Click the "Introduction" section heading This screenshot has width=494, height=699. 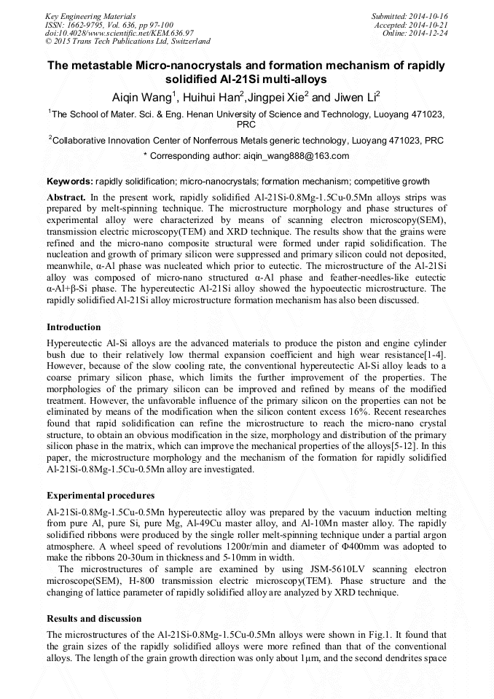coord(74,327)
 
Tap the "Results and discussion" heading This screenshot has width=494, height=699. coord(94,619)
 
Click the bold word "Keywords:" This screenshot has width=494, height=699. coord(70,181)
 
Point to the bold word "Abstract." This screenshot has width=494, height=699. coord(66,198)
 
